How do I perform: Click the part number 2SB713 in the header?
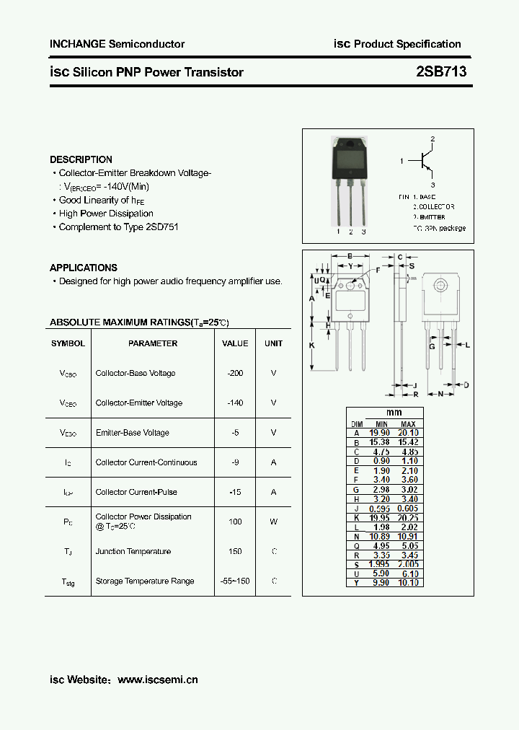[441, 72]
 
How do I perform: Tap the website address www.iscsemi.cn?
[157, 680]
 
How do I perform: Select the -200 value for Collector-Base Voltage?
[235, 373]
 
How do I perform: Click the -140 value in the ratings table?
[235, 403]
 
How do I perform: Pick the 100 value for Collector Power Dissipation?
[235, 522]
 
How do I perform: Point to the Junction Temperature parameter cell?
[133, 551]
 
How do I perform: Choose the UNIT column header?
[273, 343]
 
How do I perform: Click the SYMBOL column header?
[68, 343]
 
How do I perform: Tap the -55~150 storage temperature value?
[235, 581]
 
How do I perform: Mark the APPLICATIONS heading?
[84, 268]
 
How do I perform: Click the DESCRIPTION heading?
[81, 159]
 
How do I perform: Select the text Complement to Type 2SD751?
[118, 227]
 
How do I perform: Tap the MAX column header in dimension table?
[408, 424]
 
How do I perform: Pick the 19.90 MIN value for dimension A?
[379, 433]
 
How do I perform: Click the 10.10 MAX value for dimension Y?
[408, 582]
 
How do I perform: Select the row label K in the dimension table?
[356, 517]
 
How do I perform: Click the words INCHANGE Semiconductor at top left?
[117, 44]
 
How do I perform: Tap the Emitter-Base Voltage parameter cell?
[132, 433]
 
